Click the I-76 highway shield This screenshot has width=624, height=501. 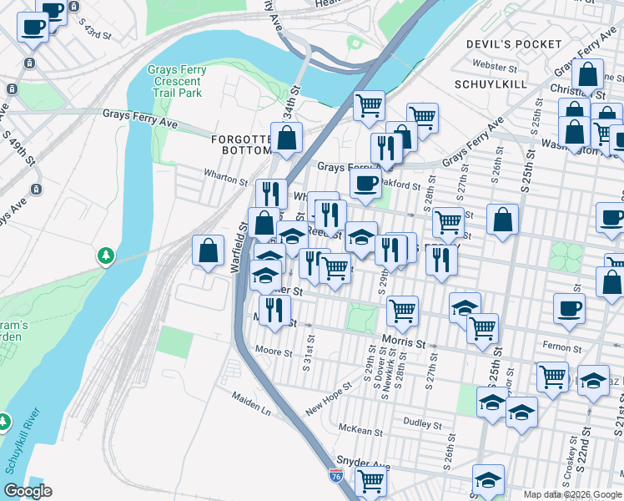(x=335, y=476)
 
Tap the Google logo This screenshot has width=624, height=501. (x=28, y=491)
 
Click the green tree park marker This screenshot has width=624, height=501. (x=106, y=254)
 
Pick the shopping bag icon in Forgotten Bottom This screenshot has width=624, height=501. (x=287, y=139)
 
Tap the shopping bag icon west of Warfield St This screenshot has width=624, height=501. (x=208, y=250)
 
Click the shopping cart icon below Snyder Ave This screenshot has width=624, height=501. (x=370, y=481)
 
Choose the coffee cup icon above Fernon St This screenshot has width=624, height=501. (x=569, y=308)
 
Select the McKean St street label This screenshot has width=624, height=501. (x=360, y=433)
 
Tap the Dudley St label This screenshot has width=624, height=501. (x=421, y=423)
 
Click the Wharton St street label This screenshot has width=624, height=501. (x=226, y=176)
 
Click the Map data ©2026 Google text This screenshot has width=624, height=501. (x=572, y=494)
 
